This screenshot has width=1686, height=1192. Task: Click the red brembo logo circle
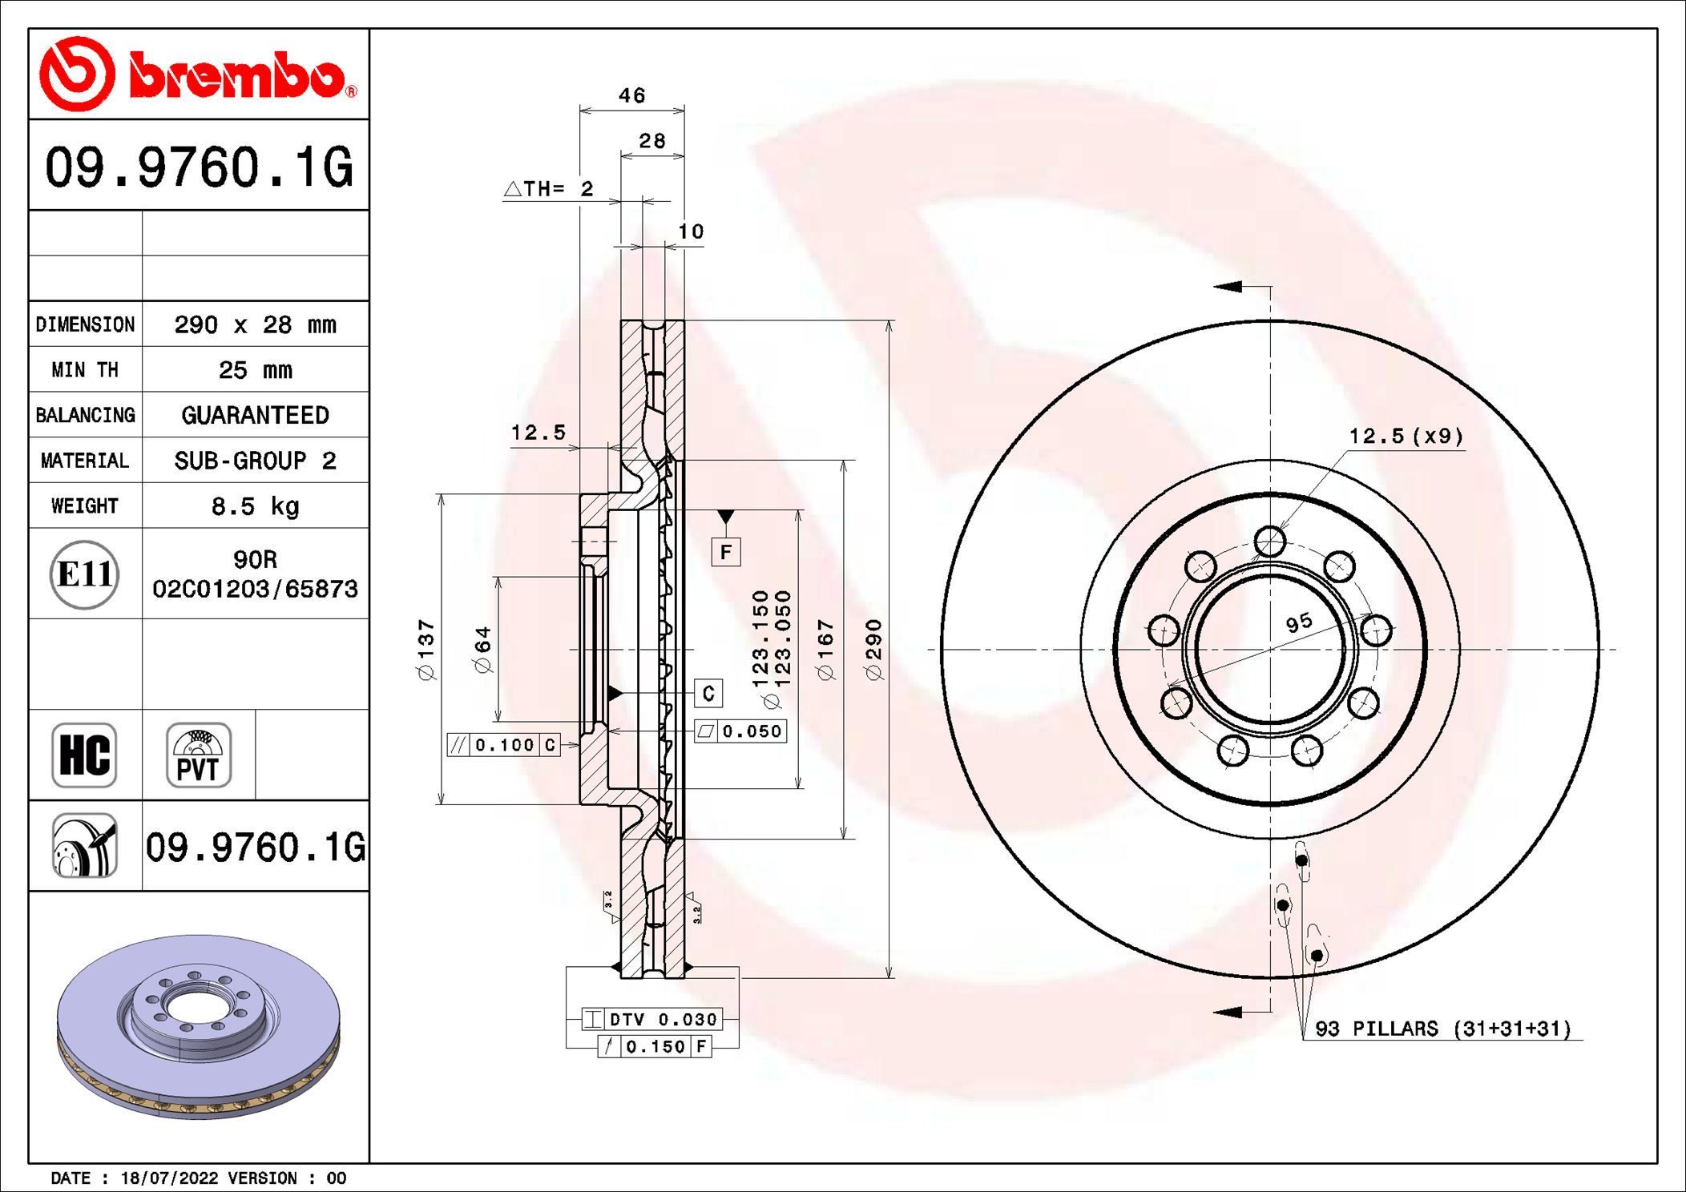78,74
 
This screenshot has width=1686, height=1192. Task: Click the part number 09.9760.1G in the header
198,167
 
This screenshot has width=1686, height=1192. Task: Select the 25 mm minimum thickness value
255,370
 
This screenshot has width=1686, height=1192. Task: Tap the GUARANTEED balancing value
255,415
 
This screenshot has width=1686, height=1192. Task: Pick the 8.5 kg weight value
255,506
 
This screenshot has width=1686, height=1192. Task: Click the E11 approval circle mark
84,574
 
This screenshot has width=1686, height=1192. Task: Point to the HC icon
84,755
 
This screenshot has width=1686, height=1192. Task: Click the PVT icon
198,755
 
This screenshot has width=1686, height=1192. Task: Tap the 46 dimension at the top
631,96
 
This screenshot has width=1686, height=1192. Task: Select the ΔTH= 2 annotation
550,189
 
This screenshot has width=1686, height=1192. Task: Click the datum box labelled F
725,552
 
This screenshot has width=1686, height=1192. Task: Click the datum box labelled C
708,693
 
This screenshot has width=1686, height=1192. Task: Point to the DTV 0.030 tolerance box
652,1019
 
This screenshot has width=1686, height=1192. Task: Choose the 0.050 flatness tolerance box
740,731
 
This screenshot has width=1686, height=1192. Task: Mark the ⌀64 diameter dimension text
482,650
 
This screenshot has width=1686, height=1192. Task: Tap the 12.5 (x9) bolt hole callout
1406,437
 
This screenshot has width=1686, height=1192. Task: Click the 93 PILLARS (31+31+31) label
1442,1029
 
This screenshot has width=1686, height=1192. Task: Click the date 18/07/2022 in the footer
169,1178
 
